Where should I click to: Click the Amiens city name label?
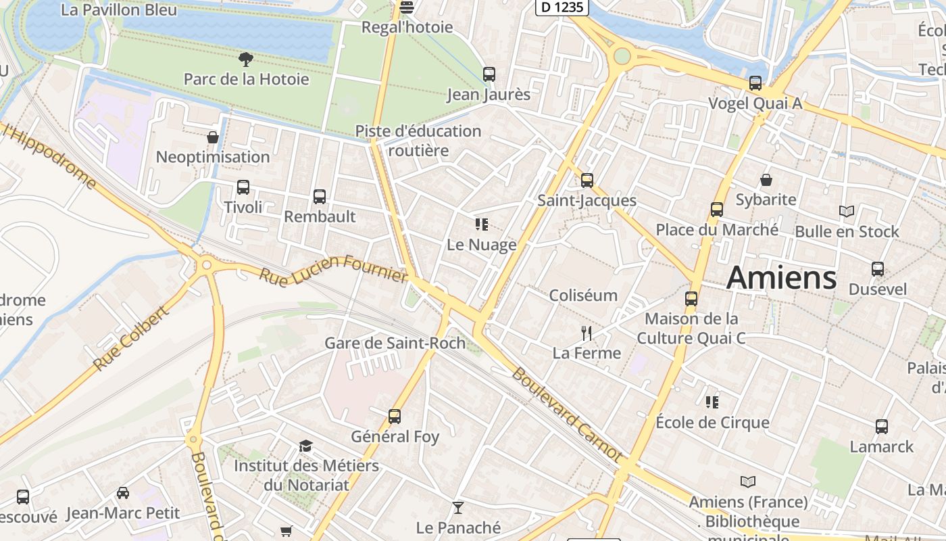click(781, 279)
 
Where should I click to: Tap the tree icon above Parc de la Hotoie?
click(247, 60)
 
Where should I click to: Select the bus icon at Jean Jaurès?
click(489, 74)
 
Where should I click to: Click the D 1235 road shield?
click(562, 7)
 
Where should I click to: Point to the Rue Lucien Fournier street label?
click(334, 268)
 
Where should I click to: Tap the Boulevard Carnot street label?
click(566, 414)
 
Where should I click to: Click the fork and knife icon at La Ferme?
click(587, 333)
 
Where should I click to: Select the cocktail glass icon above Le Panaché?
click(458, 507)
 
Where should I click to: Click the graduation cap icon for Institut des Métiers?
click(306, 446)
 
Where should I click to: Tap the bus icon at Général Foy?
click(395, 417)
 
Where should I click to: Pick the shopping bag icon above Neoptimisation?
click(213, 137)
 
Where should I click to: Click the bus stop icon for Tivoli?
click(243, 187)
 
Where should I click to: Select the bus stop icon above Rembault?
click(320, 197)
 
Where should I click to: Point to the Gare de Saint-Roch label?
click(395, 343)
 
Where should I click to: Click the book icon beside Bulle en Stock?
click(847, 212)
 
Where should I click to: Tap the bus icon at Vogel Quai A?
click(755, 83)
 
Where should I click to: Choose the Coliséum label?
click(583, 296)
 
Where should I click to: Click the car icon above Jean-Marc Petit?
click(123, 493)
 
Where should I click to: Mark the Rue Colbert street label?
click(131, 339)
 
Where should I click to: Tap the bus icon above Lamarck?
click(882, 427)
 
